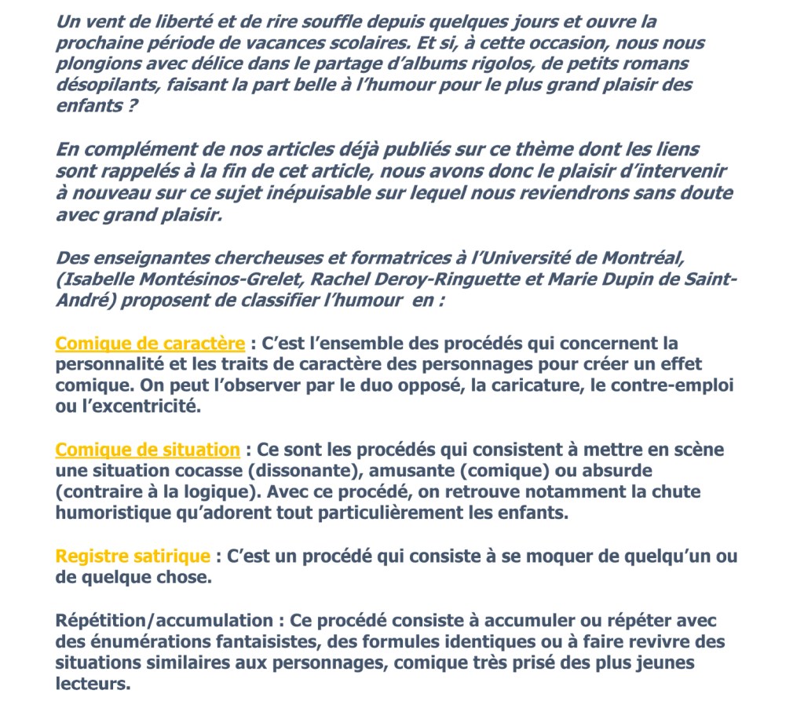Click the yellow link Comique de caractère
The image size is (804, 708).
click(150, 344)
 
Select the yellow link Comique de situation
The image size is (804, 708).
click(148, 450)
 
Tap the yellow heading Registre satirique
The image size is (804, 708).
click(133, 557)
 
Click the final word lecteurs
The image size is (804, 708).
click(92, 684)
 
